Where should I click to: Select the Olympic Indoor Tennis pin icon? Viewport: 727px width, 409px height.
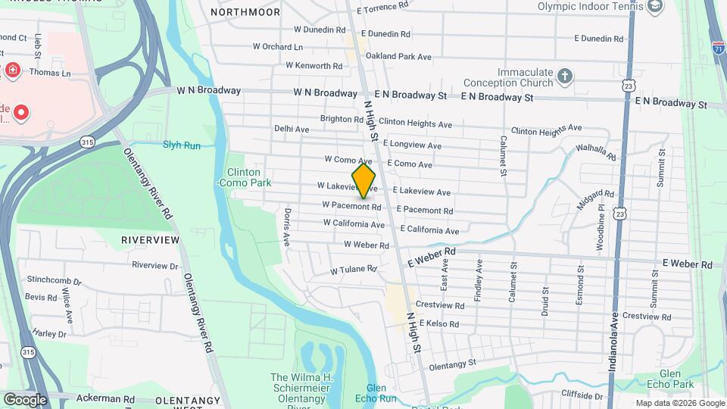click(x=654, y=7)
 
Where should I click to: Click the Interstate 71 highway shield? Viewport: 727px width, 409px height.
click(x=718, y=47)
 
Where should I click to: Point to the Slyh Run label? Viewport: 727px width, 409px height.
click(x=182, y=145)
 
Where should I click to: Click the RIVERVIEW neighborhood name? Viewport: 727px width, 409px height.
click(x=151, y=240)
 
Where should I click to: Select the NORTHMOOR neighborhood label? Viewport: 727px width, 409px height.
click(x=240, y=12)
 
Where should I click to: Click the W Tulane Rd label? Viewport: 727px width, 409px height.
click(x=353, y=270)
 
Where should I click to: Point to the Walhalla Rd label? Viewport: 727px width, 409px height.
click(x=595, y=151)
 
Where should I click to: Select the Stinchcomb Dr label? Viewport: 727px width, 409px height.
click(x=52, y=282)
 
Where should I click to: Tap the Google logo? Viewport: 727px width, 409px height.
click(x=25, y=400)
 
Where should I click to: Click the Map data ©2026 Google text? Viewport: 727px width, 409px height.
click(x=680, y=403)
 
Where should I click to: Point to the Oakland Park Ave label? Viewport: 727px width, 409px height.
click(x=398, y=56)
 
